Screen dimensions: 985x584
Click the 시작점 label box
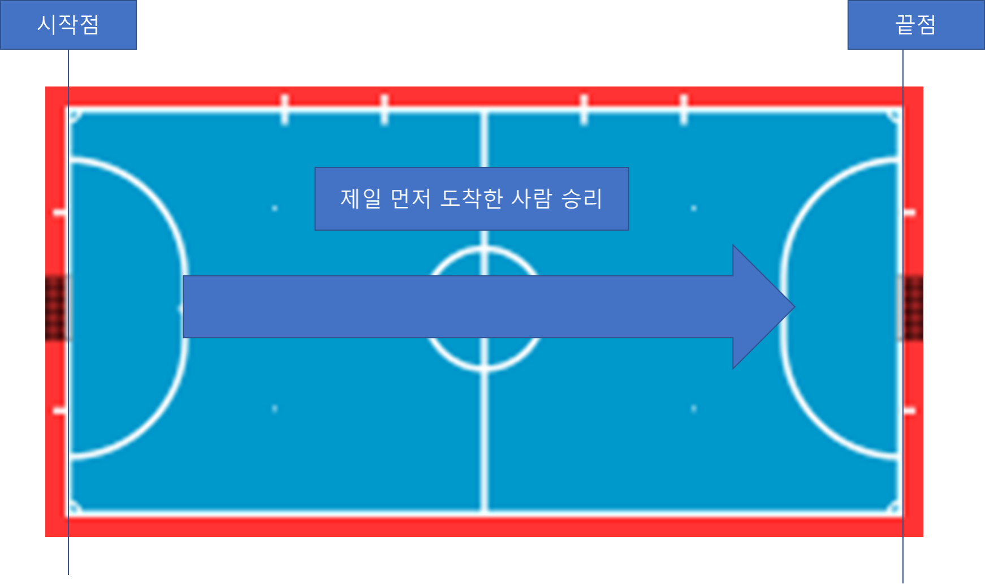(x=68, y=25)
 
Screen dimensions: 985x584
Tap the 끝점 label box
(x=915, y=25)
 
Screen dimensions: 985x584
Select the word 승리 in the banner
(x=582, y=199)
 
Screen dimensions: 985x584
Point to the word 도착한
(x=471, y=199)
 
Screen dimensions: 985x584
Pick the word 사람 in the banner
(x=531, y=199)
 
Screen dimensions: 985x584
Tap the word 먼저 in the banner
(x=411, y=199)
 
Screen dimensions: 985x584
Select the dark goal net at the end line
(x=910, y=308)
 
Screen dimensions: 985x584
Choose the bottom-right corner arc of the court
(x=895, y=507)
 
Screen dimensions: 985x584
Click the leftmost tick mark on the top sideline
(x=284, y=109)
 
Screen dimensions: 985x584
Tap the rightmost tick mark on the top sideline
(x=684, y=109)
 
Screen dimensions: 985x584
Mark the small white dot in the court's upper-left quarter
(x=275, y=209)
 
